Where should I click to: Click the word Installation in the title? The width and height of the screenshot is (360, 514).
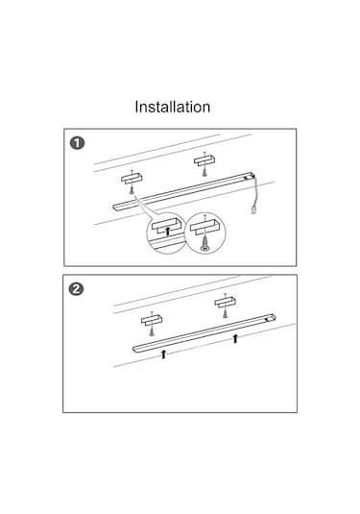tap(173, 107)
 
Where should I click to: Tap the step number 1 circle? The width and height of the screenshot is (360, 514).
tap(77, 143)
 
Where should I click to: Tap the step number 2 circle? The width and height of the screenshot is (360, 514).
tap(77, 289)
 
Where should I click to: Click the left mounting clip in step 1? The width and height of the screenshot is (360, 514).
tap(132, 179)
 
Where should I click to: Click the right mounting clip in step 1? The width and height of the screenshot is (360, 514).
tap(204, 160)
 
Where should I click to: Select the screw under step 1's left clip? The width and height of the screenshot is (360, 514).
tap(132, 189)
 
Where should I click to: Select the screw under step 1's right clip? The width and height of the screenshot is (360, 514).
tap(204, 171)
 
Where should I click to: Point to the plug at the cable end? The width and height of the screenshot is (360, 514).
tap(253, 209)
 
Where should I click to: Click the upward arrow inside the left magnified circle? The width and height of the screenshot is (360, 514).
tap(168, 231)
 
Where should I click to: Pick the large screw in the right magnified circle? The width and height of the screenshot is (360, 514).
tap(204, 242)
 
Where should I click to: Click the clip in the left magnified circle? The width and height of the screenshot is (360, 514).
tap(167, 225)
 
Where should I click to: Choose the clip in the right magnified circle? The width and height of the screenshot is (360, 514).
tap(205, 227)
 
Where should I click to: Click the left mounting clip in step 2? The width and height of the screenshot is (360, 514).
tap(152, 320)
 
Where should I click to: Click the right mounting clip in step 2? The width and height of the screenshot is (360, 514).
tap(225, 303)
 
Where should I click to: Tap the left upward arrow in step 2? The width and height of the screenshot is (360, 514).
tap(163, 354)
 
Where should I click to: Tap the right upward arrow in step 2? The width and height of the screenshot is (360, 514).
tap(235, 338)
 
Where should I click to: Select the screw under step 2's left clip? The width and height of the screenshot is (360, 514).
tap(152, 330)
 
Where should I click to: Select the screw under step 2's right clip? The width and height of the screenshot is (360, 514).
tap(225, 312)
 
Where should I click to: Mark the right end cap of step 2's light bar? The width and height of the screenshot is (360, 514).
tap(271, 317)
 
